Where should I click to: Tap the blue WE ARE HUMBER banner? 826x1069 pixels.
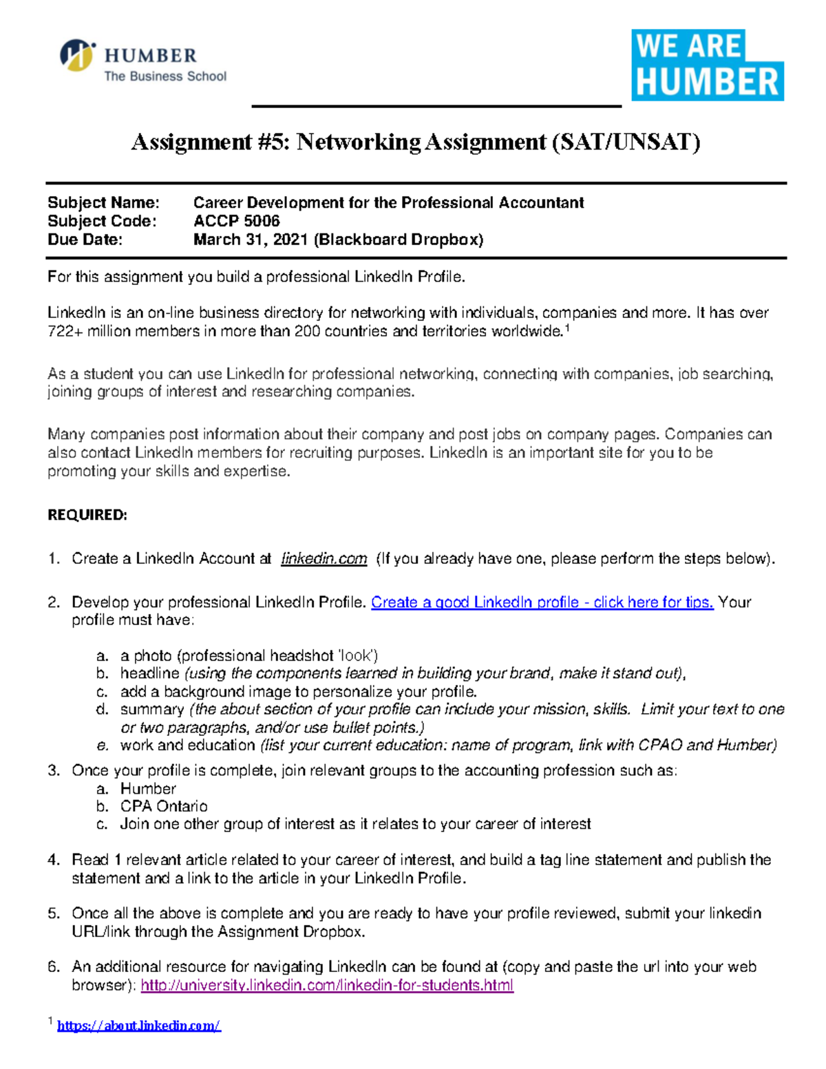(708, 65)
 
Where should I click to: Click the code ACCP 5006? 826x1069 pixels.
(236, 221)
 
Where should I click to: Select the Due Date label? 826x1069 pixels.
(85, 240)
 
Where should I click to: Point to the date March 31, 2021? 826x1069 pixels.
(251, 240)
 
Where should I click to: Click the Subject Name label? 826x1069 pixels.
(103, 202)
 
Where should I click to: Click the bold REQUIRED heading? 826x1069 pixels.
(87, 515)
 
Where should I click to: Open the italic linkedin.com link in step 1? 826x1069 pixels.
(324, 559)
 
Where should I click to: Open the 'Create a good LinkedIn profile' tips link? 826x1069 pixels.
(542, 602)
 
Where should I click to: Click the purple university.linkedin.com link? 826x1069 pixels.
(327, 986)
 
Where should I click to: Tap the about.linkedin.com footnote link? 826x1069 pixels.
(138, 1026)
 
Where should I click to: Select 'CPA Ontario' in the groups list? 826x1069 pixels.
(164, 806)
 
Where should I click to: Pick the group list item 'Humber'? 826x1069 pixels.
(148, 789)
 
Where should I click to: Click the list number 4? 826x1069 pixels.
(54, 860)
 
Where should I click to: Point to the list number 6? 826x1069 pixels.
(54, 967)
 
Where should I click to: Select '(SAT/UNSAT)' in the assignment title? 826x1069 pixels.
(625, 142)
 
